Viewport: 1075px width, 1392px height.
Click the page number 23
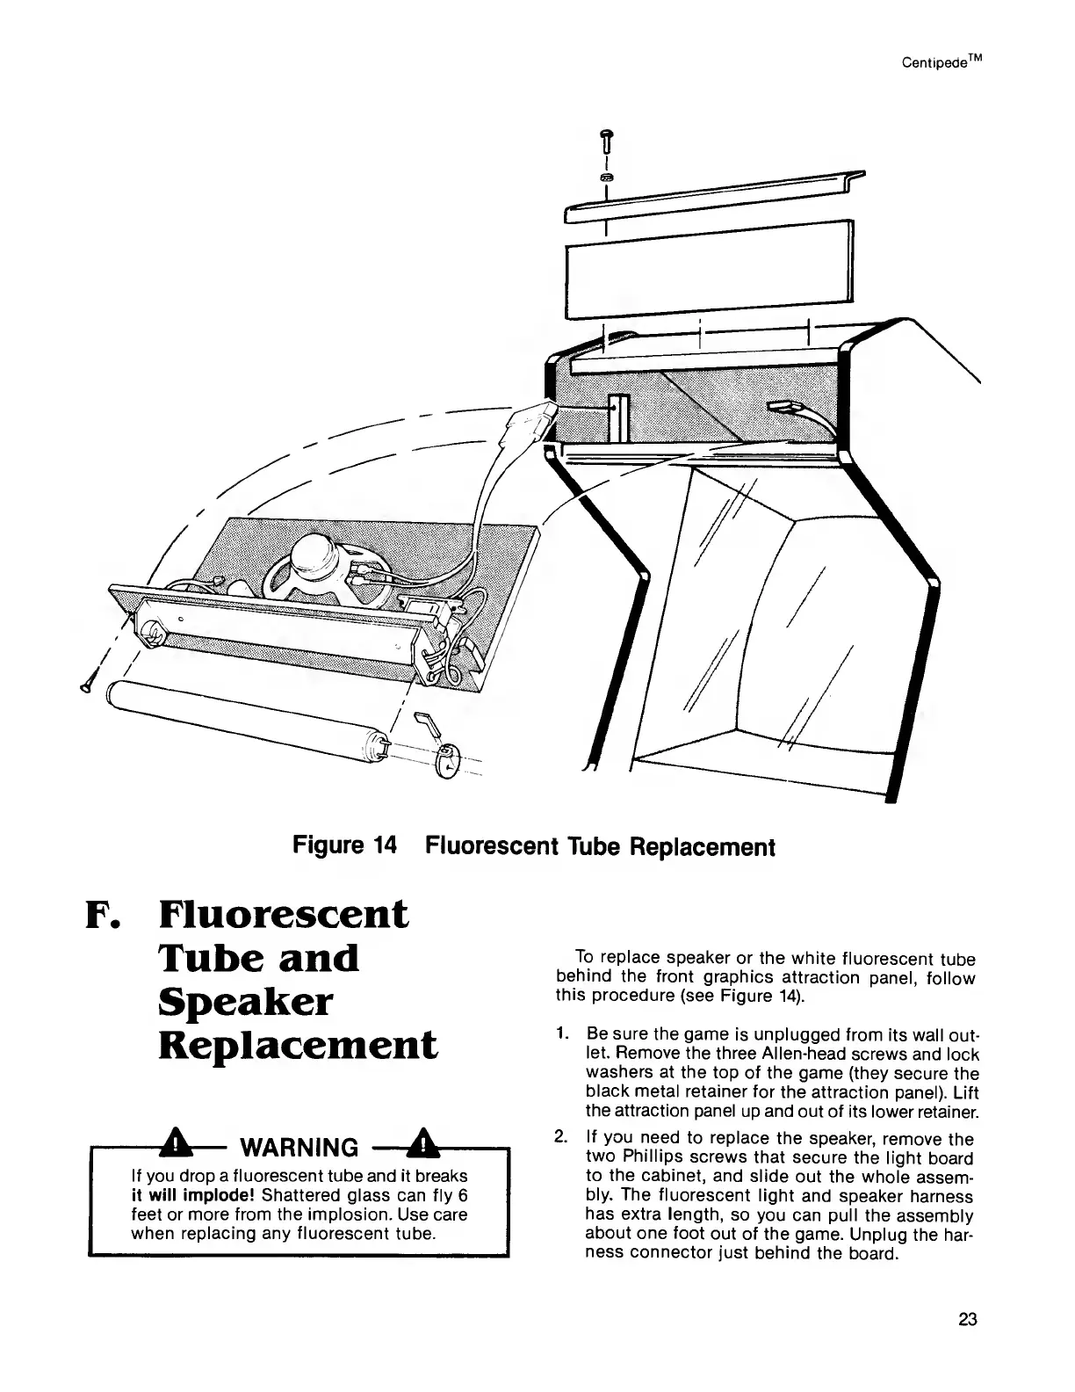[x=967, y=1320]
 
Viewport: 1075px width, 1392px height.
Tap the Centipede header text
[x=937, y=63]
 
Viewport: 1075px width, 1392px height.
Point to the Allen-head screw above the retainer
[x=604, y=140]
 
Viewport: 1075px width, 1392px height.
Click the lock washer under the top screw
[x=605, y=178]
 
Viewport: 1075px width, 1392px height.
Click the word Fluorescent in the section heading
[x=284, y=915]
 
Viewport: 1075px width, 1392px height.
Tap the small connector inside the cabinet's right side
[x=783, y=407]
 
